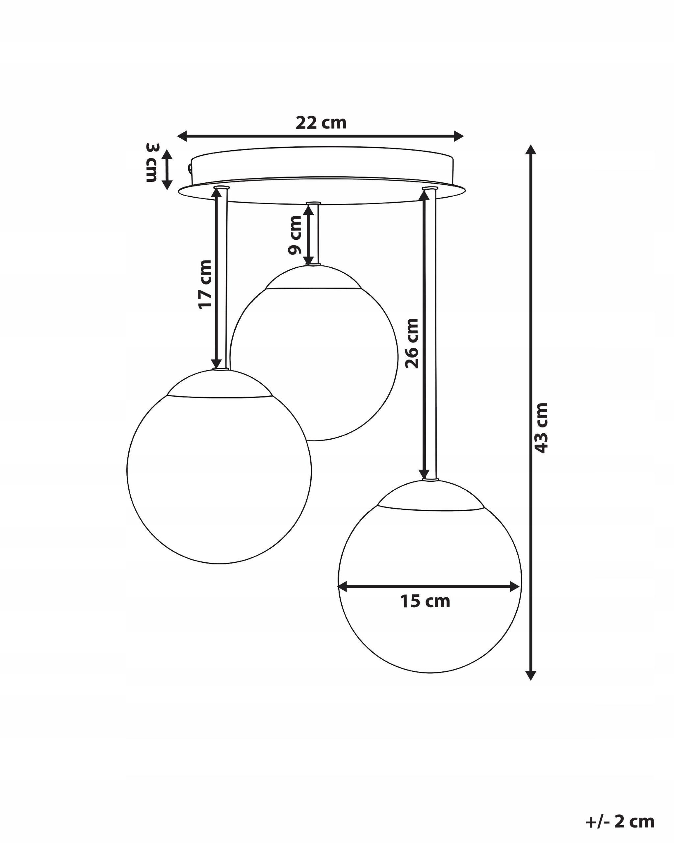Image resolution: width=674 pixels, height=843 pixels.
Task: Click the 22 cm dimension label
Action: click(x=321, y=123)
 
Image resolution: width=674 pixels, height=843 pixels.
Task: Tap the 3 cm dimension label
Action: click(x=152, y=163)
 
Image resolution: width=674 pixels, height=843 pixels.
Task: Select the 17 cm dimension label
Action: click(x=205, y=284)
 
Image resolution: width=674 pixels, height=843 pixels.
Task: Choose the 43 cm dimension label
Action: click(x=541, y=428)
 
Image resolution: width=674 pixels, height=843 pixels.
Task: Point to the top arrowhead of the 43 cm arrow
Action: click(x=530, y=150)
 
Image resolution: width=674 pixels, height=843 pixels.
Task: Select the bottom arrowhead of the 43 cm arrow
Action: click(x=530, y=675)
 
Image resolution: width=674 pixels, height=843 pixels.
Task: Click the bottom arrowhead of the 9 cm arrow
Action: click(x=309, y=260)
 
